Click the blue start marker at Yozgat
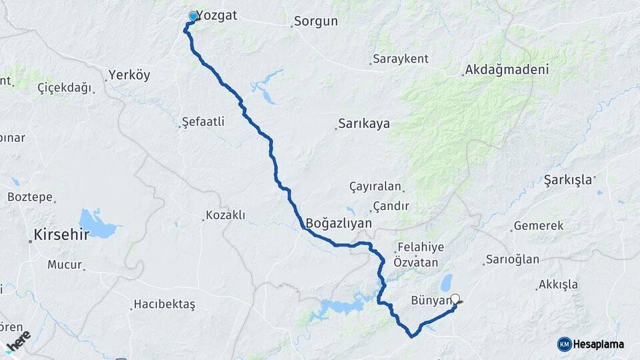tap(193, 16)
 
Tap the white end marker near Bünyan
tap(456, 299)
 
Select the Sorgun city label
tap(316, 21)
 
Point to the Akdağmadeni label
tap(507, 69)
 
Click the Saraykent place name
tap(401, 59)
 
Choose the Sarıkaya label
tap(364, 124)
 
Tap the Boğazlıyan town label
tap(338, 223)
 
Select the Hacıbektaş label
tap(164, 305)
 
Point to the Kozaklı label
tap(225, 215)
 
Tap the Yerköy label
tap(129, 75)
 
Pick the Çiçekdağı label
tap(64, 88)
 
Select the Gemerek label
tap(539, 226)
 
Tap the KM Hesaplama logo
tap(591, 344)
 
